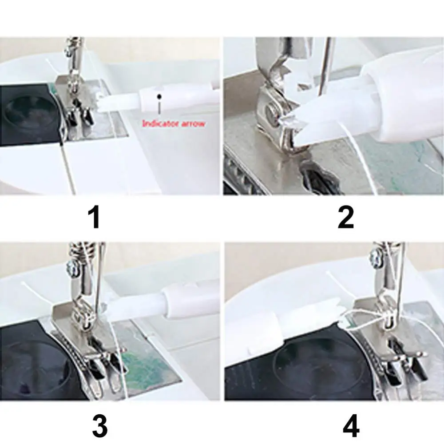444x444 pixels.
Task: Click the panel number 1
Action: (x=95, y=218)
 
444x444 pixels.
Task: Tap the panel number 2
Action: (x=345, y=218)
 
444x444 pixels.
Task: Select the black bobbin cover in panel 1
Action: (x=27, y=115)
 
